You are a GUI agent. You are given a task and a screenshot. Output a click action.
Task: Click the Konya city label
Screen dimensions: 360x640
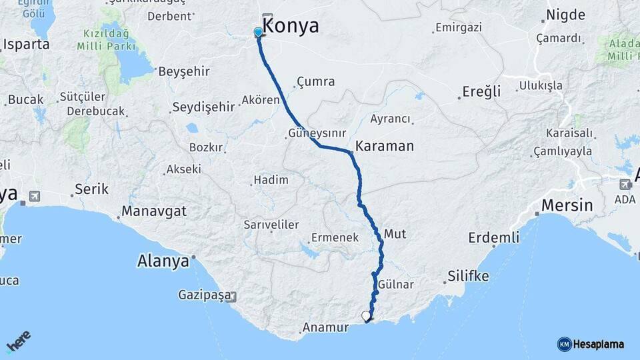292,27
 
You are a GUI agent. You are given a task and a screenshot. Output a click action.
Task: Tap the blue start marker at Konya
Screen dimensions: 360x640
259,32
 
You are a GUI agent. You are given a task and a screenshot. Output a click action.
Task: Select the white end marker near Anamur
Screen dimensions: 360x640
366,316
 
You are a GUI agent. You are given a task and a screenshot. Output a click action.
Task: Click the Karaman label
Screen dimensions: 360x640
385,146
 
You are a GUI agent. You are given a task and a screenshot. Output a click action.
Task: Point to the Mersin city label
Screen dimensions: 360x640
567,205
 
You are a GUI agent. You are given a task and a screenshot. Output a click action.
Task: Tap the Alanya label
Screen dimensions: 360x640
163,261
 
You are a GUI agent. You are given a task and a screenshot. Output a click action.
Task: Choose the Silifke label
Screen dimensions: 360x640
468,276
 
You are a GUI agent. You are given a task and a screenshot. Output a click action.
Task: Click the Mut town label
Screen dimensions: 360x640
395,234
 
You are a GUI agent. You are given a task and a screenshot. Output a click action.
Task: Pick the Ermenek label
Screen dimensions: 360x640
335,237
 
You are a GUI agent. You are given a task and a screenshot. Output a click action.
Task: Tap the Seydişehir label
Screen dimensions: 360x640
203,107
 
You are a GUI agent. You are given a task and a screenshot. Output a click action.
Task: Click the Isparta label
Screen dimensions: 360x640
27,45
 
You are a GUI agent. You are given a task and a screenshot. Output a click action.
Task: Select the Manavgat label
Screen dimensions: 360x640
153,212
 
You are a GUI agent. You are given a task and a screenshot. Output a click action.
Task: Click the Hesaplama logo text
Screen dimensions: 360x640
599,345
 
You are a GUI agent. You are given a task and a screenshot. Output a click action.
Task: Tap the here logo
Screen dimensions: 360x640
18,341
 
